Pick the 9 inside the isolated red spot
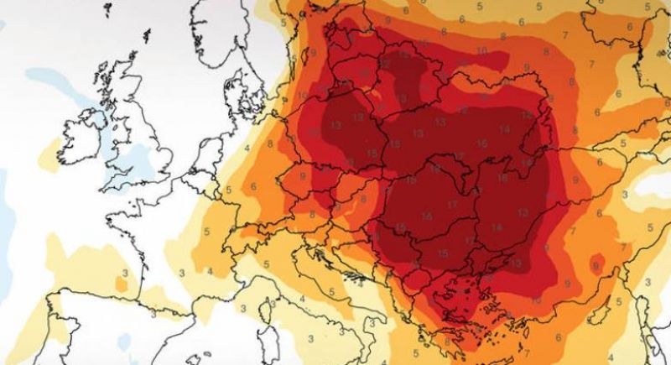595,266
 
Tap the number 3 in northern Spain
124,274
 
